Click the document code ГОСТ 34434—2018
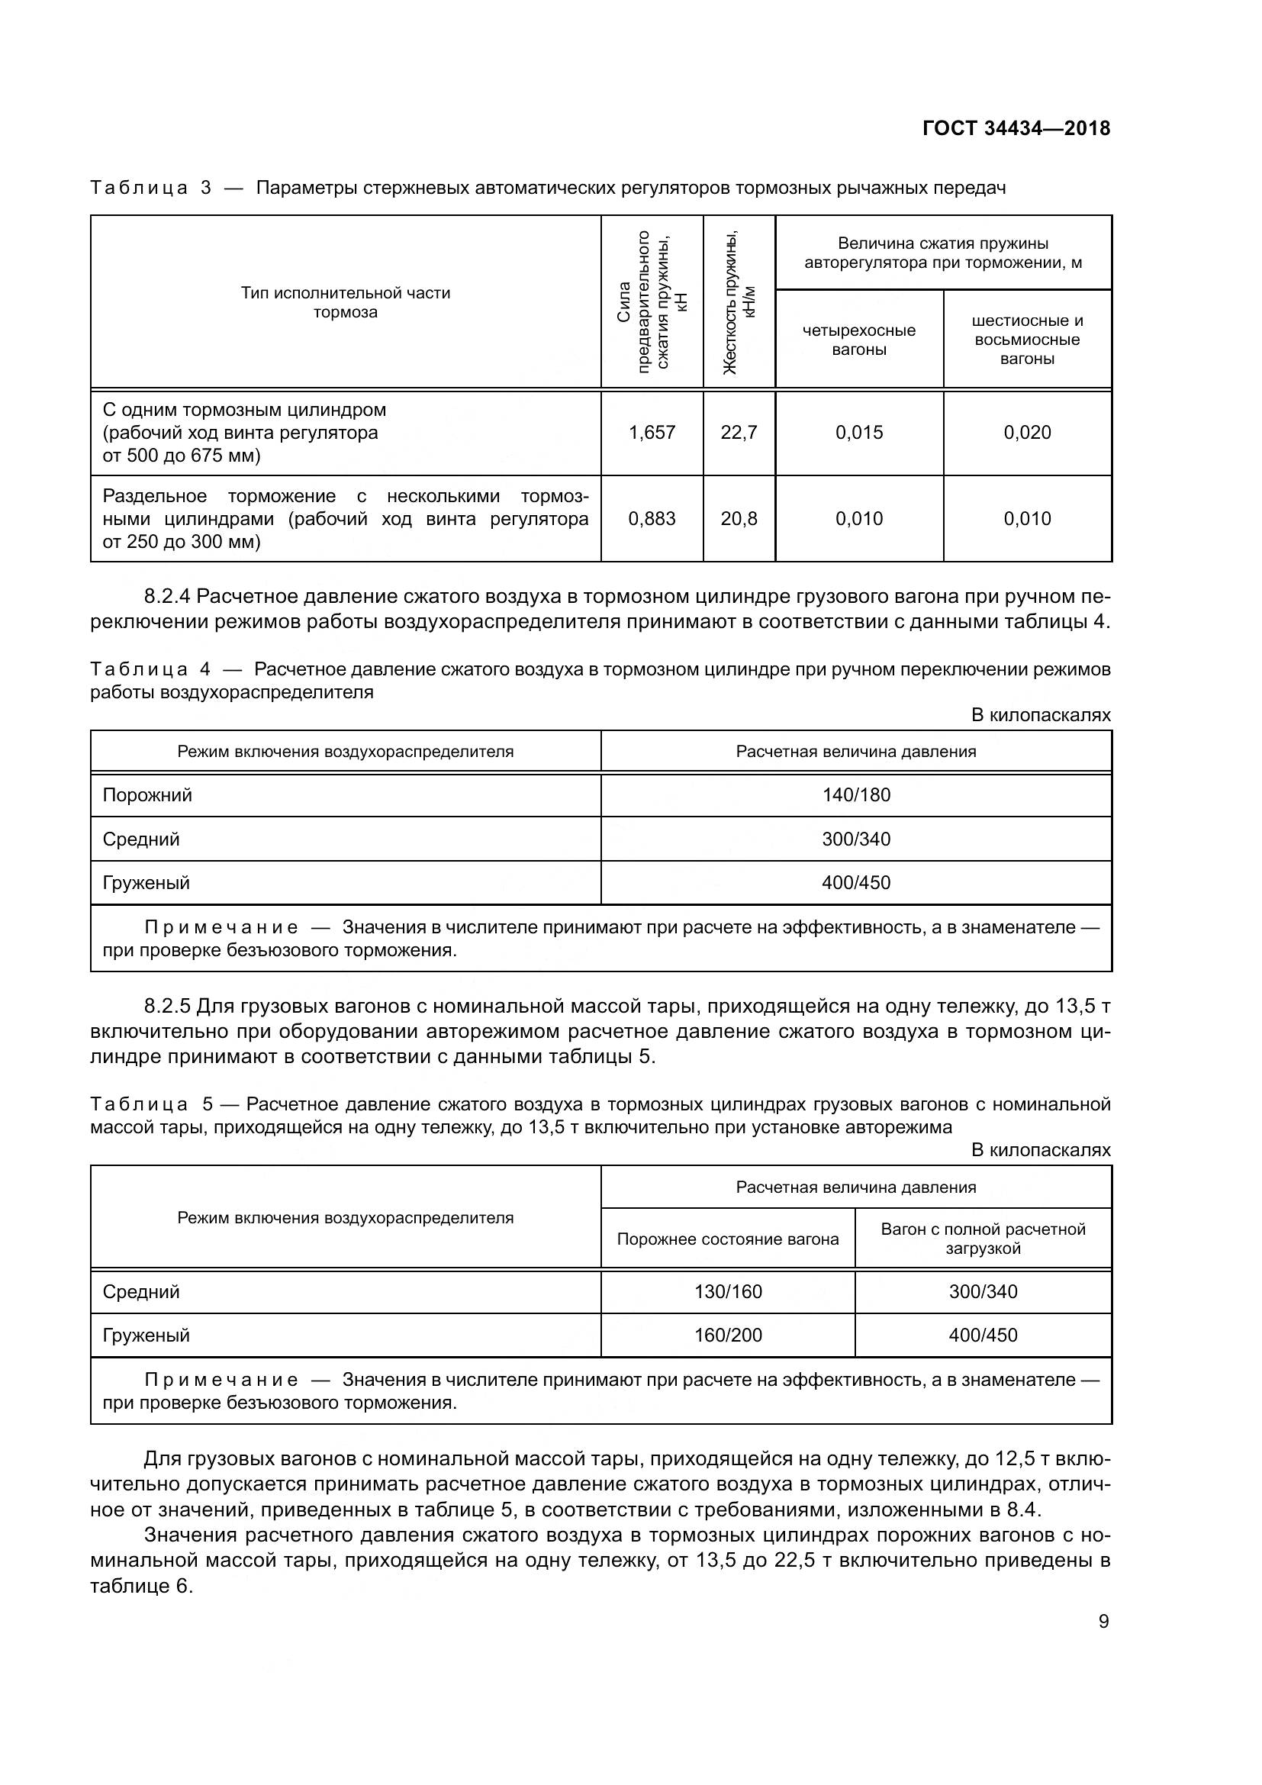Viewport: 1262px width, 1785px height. (x=1016, y=128)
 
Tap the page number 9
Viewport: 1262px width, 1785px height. (x=1103, y=1621)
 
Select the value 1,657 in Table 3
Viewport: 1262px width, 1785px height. (x=651, y=432)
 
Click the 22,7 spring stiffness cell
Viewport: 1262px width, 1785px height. (x=739, y=432)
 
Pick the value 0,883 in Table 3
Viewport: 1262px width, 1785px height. (x=651, y=518)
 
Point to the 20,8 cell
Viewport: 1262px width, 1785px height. (x=739, y=518)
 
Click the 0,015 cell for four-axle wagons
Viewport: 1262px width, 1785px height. (x=858, y=432)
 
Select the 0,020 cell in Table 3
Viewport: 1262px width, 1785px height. (x=1026, y=432)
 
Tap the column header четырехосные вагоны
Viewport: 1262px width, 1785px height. (x=858, y=340)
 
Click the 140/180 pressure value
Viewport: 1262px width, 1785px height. (x=855, y=795)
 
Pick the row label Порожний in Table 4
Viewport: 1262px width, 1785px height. (x=146, y=795)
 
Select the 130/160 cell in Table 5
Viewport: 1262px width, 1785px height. (x=727, y=1291)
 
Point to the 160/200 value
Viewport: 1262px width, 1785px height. (x=727, y=1335)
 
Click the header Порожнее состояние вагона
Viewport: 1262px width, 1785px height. (x=727, y=1239)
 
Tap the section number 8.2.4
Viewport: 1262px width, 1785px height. (x=166, y=596)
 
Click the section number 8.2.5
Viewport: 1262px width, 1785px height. (x=166, y=1007)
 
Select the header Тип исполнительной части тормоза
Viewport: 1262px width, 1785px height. (x=345, y=302)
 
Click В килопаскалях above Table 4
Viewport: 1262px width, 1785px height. (x=1041, y=714)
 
